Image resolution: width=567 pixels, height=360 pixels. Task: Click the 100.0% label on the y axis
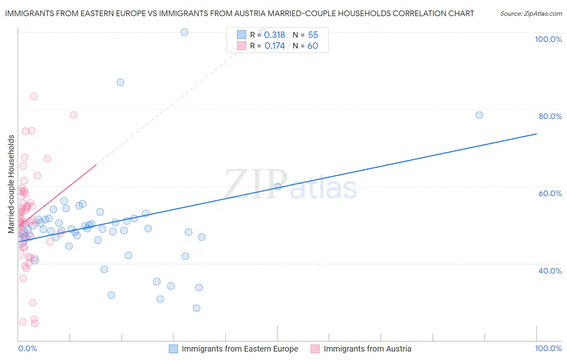[x=548, y=39]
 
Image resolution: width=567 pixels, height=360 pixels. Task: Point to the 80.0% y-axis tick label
[x=550, y=116]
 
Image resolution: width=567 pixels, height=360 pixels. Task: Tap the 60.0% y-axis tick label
[x=550, y=193]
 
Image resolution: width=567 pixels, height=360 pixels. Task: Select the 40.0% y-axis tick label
[x=550, y=271]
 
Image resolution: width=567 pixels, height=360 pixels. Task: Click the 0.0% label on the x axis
[x=27, y=348]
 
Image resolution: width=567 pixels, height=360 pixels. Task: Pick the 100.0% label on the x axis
[x=548, y=348]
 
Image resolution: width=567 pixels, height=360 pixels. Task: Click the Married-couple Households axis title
[x=11, y=184]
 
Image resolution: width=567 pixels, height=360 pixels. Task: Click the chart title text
[x=240, y=13]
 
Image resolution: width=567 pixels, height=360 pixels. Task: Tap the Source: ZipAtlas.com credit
[x=531, y=13]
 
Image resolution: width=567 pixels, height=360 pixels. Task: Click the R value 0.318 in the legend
[x=275, y=35]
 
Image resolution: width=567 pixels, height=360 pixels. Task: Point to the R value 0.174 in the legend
[x=275, y=46]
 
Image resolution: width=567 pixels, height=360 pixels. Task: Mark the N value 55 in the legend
[x=313, y=35]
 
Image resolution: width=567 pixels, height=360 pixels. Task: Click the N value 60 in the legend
[x=313, y=46]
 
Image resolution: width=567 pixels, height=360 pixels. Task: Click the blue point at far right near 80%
[x=479, y=115]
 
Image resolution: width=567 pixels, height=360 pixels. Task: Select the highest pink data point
[x=34, y=96]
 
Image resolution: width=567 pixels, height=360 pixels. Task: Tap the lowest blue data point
[x=196, y=308]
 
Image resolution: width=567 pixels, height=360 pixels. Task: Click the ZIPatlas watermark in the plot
[x=290, y=185]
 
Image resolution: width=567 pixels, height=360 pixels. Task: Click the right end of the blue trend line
[x=536, y=134]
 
